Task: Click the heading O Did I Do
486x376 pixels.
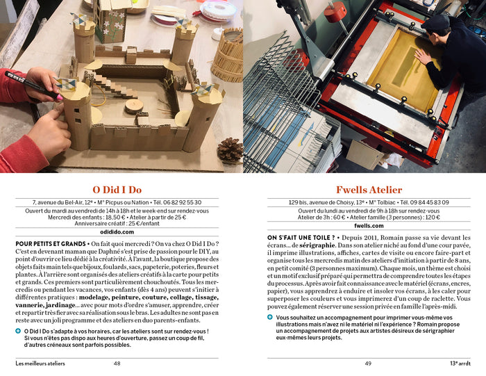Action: [117, 190]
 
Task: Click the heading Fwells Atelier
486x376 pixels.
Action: [369, 190]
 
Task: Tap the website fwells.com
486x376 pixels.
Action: [369, 226]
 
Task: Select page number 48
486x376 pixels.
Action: [117, 363]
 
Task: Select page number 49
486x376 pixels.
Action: [369, 363]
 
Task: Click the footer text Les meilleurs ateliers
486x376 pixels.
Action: [40, 363]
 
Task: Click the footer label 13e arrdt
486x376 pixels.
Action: [460, 363]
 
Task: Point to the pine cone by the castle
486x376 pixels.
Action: [230, 150]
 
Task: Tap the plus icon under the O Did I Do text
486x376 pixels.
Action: [18, 331]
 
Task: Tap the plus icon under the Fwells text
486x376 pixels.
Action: [270, 317]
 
